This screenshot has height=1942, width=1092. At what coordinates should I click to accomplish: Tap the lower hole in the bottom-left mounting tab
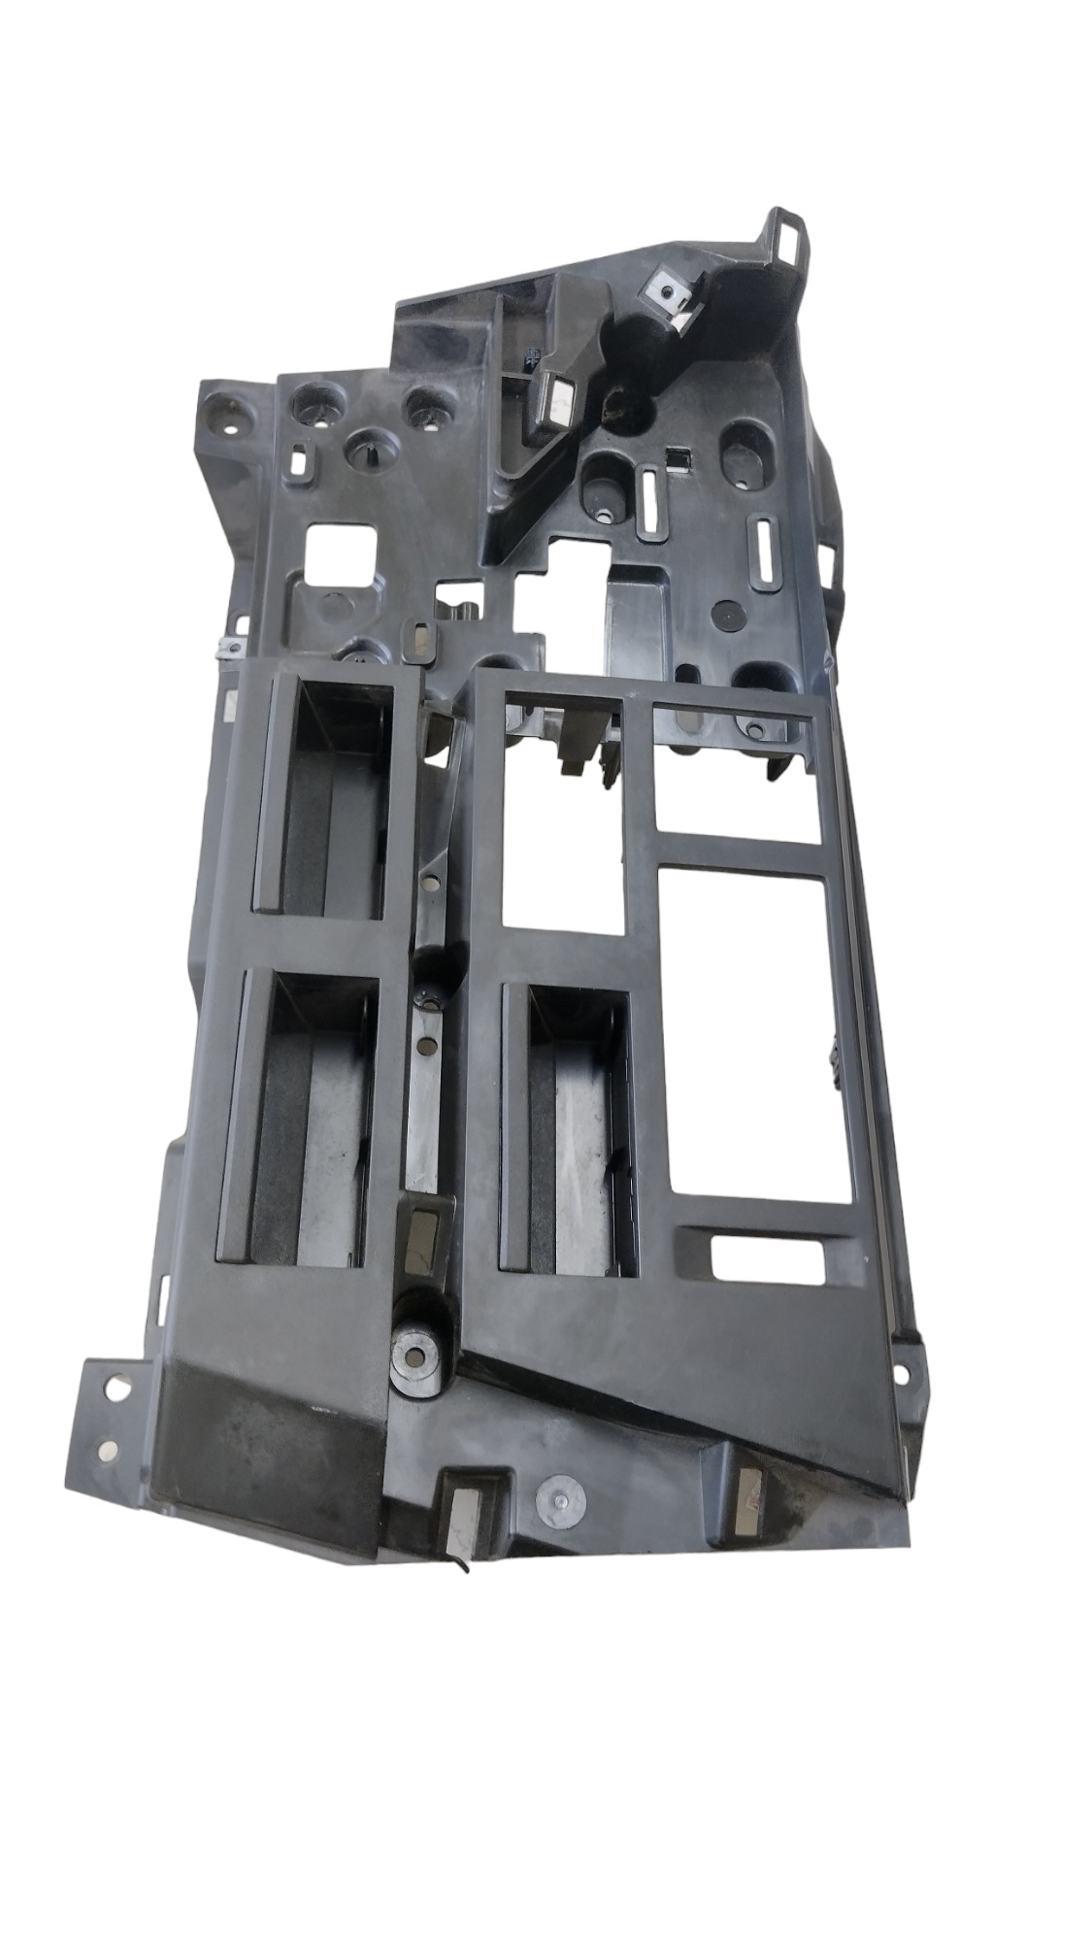point(107,1451)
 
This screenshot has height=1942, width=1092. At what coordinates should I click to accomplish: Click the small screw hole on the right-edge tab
point(902,1374)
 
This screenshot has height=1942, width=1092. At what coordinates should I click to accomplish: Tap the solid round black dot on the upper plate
point(726,614)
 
